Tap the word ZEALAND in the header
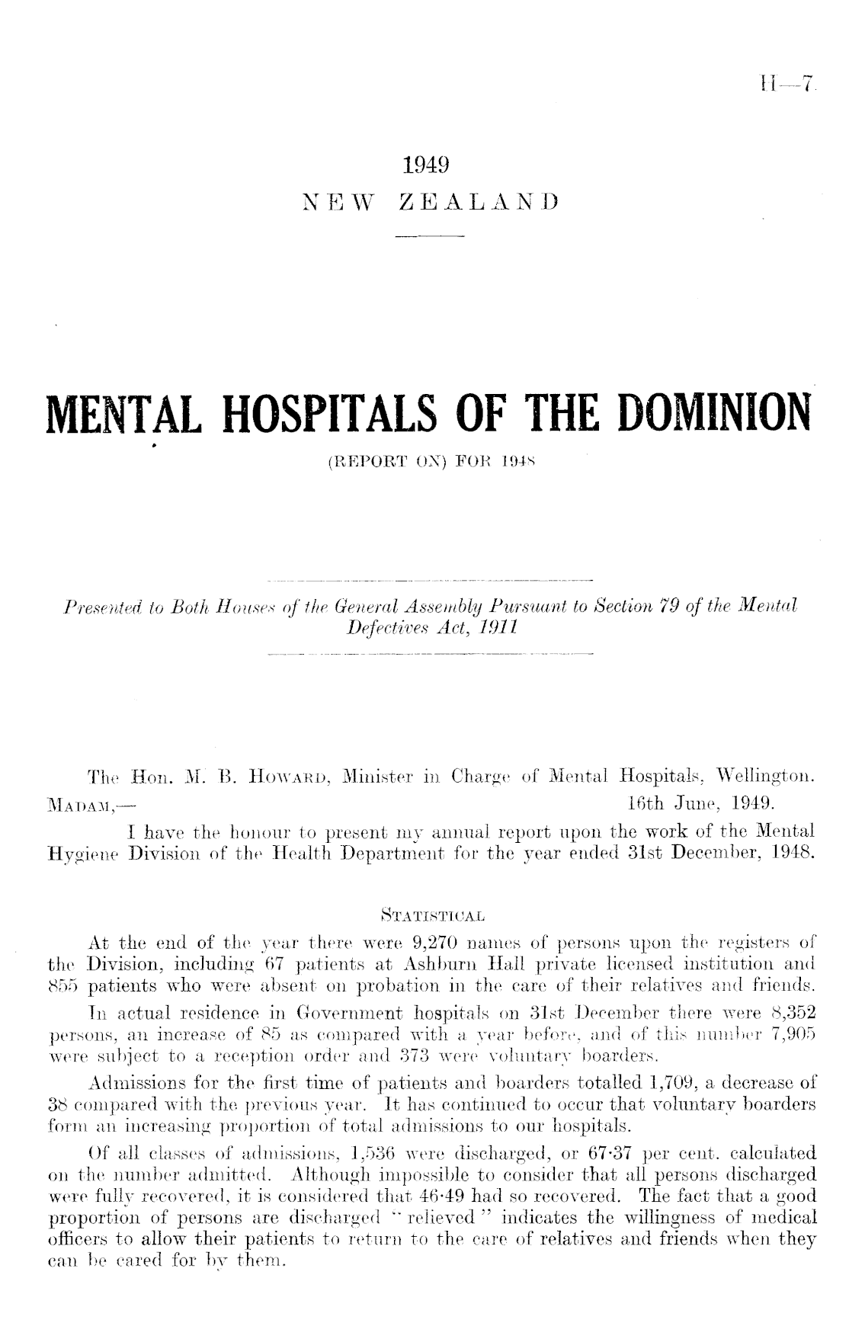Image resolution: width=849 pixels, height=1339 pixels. (479, 203)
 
